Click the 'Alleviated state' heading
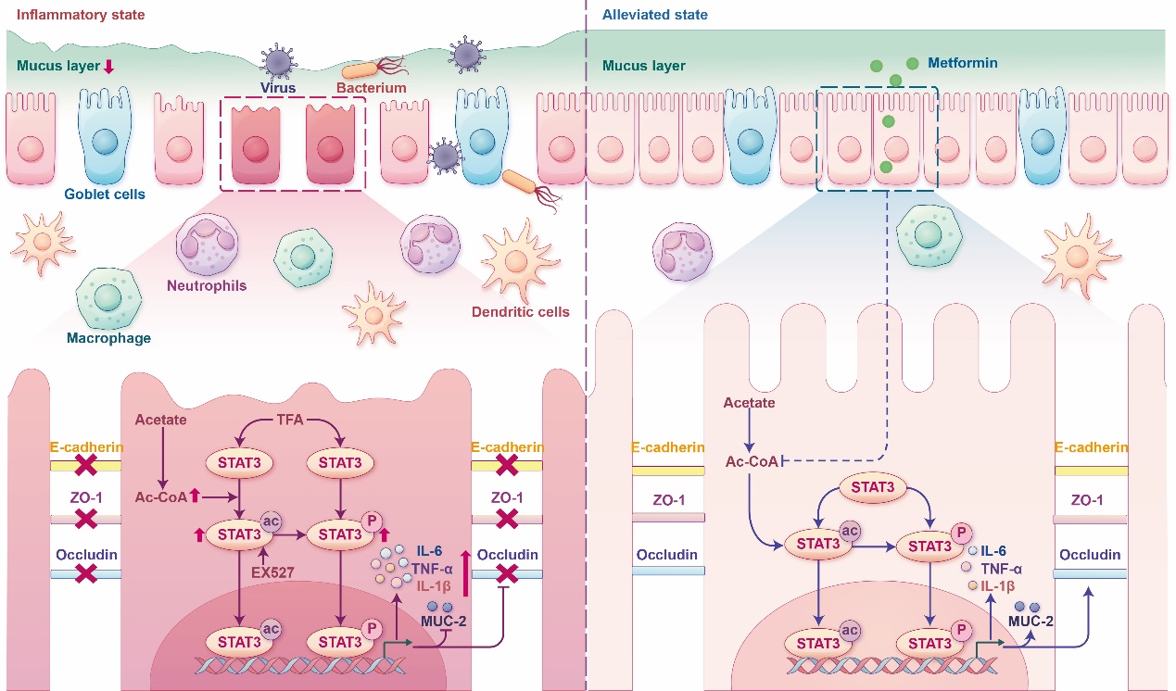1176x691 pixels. point(654,16)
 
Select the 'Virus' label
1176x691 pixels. point(278,88)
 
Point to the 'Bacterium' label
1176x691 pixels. point(372,88)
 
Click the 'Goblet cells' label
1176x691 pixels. point(105,195)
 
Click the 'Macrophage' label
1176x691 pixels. point(108,338)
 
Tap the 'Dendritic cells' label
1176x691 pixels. point(526,311)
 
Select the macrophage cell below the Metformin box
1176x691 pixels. point(929,235)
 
